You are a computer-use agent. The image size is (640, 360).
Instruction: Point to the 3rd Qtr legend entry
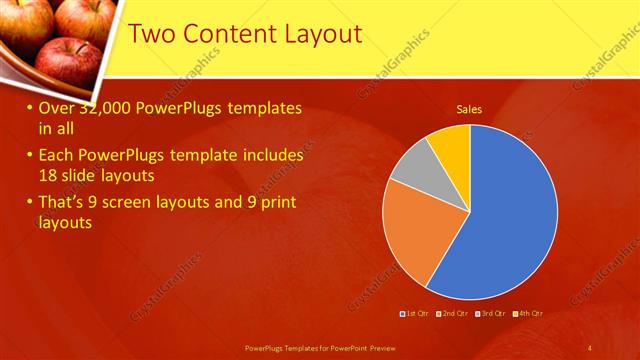pos(491,314)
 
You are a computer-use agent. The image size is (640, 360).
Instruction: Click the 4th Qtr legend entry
pos(528,314)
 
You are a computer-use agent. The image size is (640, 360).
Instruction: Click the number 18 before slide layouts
pos(50,175)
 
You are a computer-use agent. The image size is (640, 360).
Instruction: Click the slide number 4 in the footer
pos(589,347)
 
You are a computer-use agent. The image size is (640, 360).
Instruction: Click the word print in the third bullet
pos(276,204)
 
